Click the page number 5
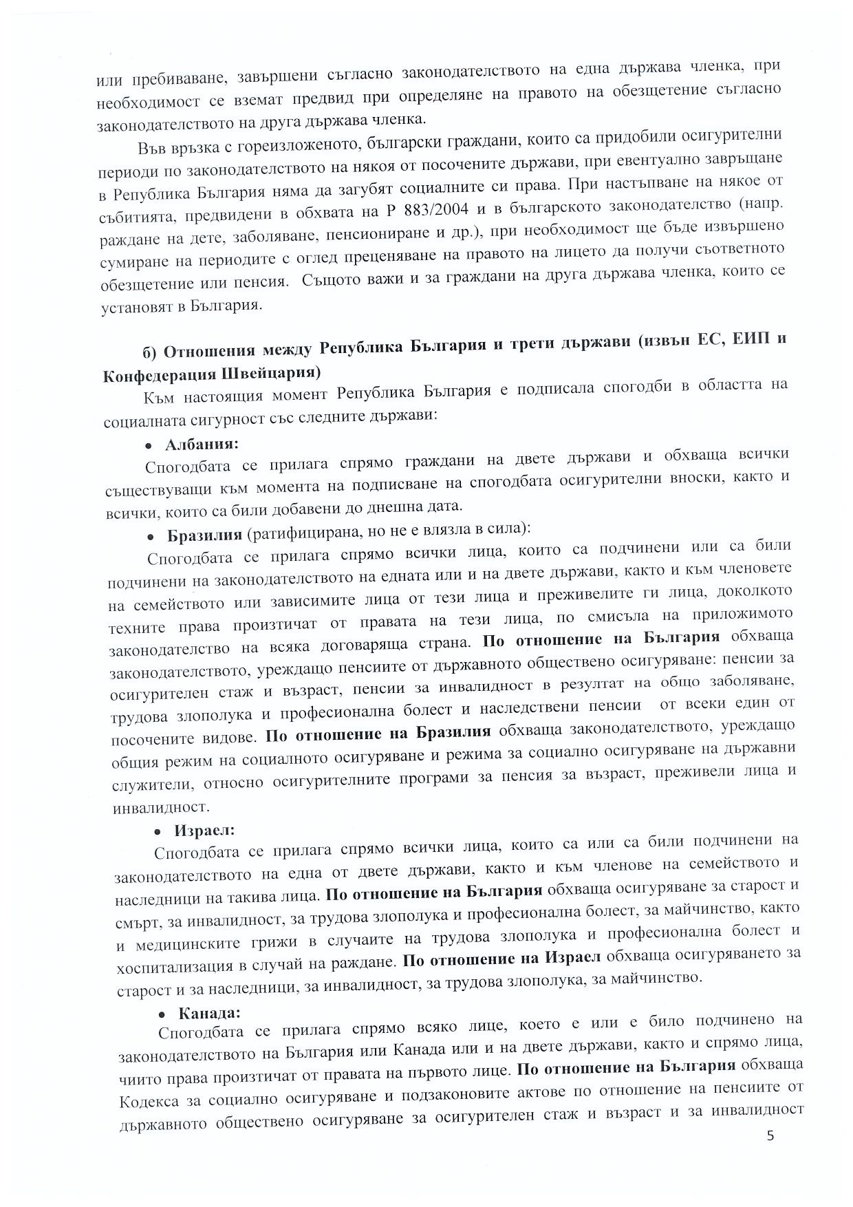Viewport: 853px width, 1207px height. pyautogui.click(x=770, y=1135)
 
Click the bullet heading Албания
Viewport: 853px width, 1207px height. pyautogui.click(x=202, y=444)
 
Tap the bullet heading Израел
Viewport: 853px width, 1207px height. pyautogui.click(x=204, y=831)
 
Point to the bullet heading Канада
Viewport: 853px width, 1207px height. pyautogui.click(x=209, y=1014)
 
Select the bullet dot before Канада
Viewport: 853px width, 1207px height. pyautogui.click(x=162, y=1015)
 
